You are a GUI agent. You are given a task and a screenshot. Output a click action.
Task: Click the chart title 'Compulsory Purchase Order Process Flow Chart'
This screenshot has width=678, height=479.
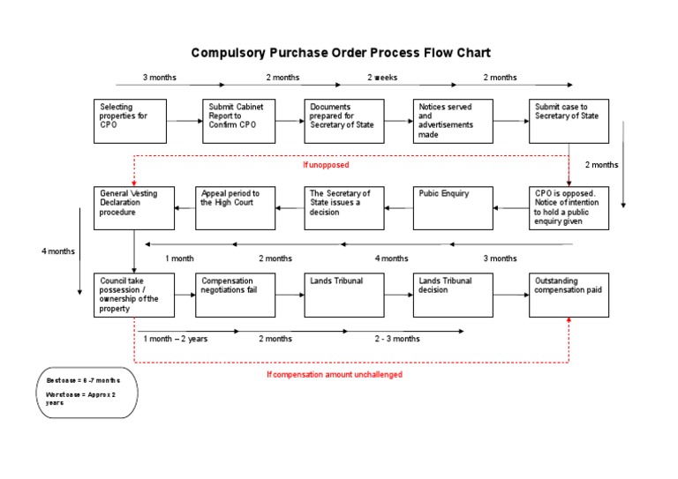pos(340,53)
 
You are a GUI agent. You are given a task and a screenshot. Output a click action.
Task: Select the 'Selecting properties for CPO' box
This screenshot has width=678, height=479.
pos(130,120)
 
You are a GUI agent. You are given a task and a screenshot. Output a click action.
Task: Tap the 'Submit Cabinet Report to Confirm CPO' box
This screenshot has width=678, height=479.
pos(238,120)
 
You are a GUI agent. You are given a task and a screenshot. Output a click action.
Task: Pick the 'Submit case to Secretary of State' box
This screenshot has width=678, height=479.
pos(569,120)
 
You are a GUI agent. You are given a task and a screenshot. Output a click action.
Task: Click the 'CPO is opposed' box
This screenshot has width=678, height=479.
pos(569,207)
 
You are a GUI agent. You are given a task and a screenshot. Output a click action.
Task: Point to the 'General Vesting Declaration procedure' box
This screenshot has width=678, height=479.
pos(130,207)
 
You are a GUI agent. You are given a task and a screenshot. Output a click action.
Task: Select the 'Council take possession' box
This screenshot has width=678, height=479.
pos(130,295)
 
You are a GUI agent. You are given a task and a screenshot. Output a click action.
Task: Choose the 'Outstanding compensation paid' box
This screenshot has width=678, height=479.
pos(569,295)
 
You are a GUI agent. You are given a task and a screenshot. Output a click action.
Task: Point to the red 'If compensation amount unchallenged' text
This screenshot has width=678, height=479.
pos(335,374)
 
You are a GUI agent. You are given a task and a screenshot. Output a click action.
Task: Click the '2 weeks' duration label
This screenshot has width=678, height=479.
pos(382,78)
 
